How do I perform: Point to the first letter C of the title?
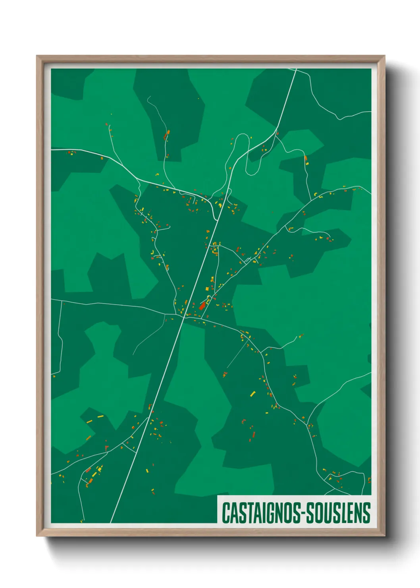pos(225,513)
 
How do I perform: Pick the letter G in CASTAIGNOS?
pos(273,513)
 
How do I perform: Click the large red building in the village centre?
pos(202,306)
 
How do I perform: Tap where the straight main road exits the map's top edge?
pos(296,70)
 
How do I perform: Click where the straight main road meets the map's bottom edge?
pos(111,522)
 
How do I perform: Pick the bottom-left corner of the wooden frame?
pos(37,536)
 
